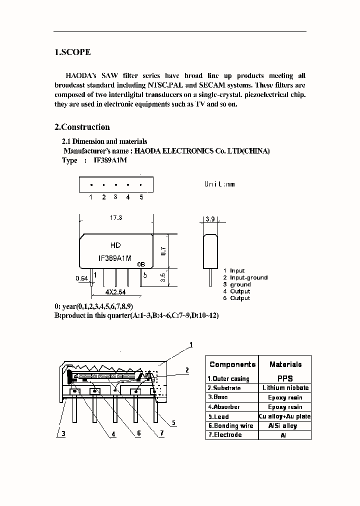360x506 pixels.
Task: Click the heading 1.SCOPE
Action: point(72,52)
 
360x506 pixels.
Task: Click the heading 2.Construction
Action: point(82,127)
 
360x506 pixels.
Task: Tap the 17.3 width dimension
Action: point(115,218)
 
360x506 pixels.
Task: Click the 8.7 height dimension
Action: point(171,251)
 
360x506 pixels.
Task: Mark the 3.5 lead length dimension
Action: point(171,277)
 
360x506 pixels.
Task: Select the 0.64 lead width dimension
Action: point(81,278)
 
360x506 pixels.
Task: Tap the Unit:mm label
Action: point(219,184)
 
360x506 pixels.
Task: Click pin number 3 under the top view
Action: point(115,197)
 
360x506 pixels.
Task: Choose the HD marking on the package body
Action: point(115,245)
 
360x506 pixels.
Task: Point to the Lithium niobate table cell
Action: point(285,388)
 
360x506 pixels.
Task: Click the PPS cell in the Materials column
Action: point(285,378)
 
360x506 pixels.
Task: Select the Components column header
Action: point(232,364)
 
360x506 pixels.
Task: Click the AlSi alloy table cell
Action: point(285,426)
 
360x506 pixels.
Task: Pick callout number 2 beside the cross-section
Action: point(187,370)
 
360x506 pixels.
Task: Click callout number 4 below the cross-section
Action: point(113,434)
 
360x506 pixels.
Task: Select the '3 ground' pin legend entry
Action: point(237,284)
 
